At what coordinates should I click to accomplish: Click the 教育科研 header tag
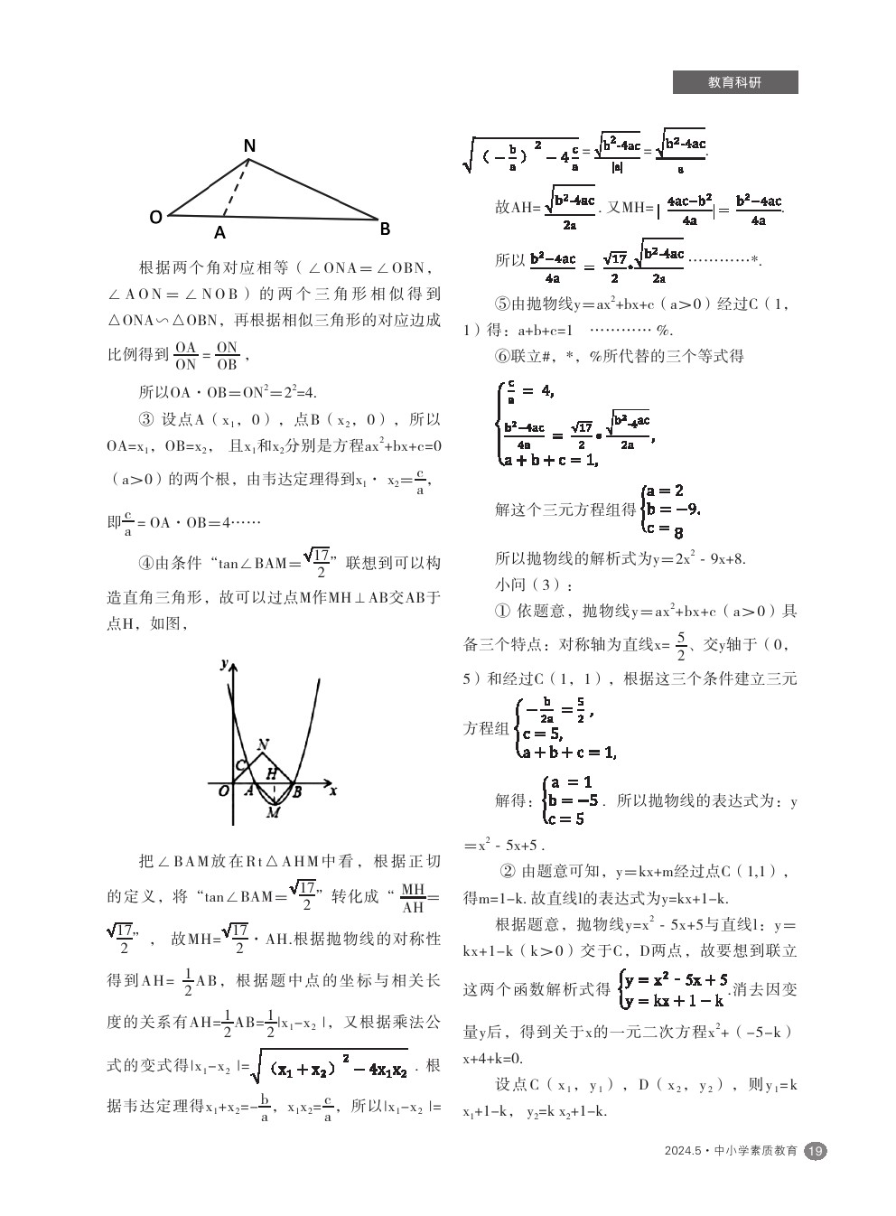(x=734, y=82)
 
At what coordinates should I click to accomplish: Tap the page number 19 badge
(x=815, y=1150)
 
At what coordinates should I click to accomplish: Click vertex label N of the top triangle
(x=250, y=146)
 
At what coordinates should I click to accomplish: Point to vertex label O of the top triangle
(x=155, y=217)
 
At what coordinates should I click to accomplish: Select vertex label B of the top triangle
(x=385, y=229)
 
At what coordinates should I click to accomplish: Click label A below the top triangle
(x=219, y=233)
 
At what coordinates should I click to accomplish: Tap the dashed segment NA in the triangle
(x=236, y=189)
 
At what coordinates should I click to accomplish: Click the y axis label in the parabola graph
(x=224, y=664)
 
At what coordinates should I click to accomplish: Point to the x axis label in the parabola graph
(x=333, y=790)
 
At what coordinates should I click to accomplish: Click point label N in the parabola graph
(x=263, y=745)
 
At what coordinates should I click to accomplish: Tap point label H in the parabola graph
(x=270, y=773)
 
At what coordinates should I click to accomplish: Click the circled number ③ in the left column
(x=146, y=419)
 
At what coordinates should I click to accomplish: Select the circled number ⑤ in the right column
(x=502, y=304)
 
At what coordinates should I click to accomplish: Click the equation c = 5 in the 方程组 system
(x=542, y=734)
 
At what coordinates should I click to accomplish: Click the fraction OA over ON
(x=185, y=356)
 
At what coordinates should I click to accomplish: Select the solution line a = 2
(x=665, y=491)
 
